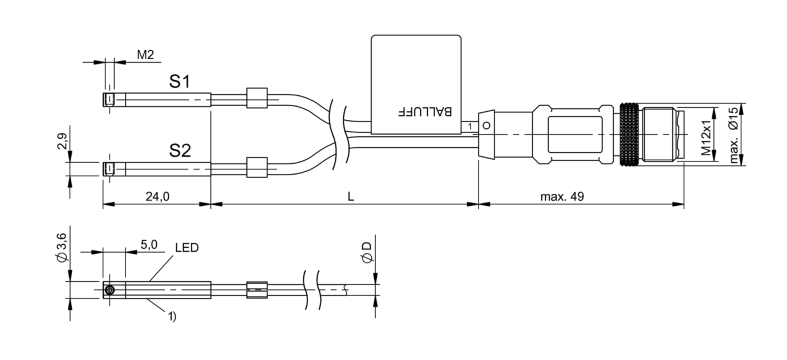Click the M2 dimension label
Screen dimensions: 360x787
tap(146, 55)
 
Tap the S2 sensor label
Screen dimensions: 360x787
tap(180, 151)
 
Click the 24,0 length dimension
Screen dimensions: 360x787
tap(157, 197)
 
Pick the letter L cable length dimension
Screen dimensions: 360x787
tap(351, 197)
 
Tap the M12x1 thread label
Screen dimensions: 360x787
tap(707, 138)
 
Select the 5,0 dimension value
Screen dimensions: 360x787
tap(149, 245)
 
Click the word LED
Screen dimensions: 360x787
tap(186, 248)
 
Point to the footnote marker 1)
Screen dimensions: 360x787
tap(171, 316)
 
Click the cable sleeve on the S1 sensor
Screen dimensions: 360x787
tap(257, 98)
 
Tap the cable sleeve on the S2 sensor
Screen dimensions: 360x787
tap(257, 167)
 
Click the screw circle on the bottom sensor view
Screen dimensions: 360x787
tap(109, 291)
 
